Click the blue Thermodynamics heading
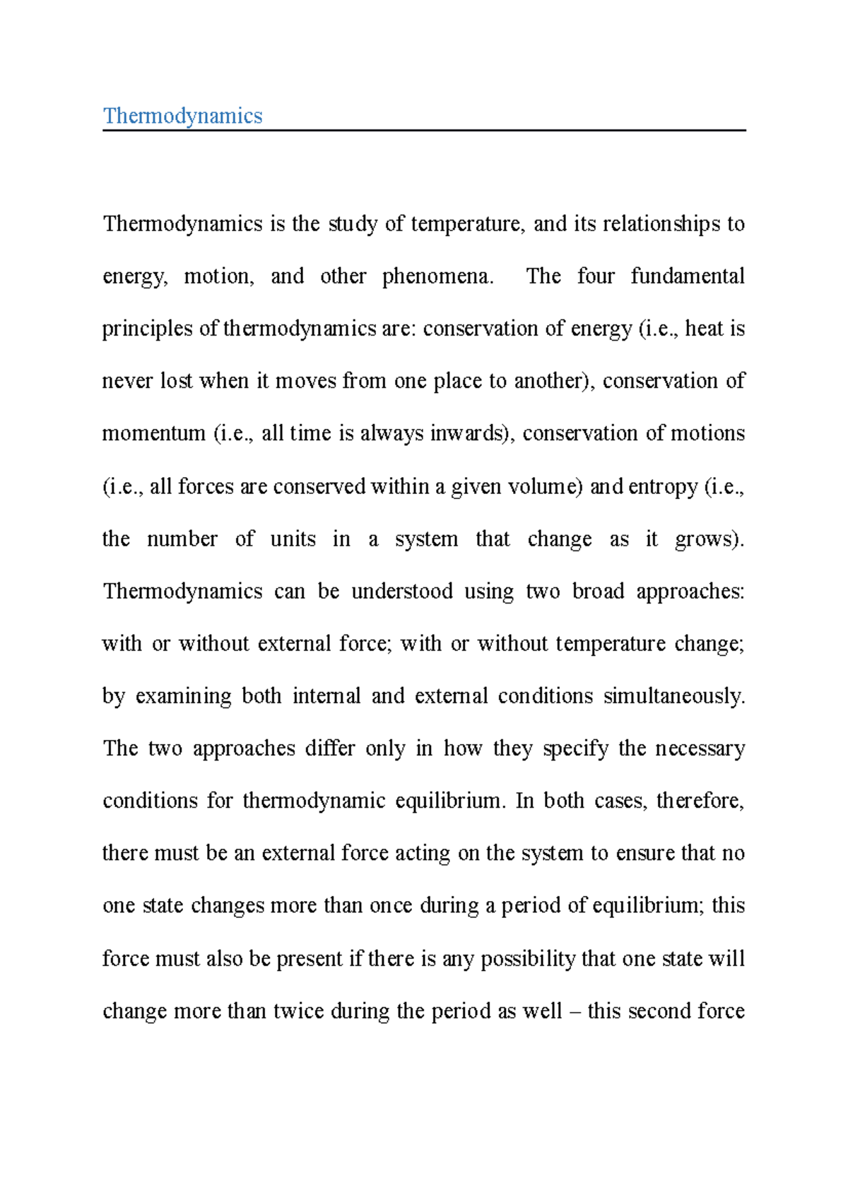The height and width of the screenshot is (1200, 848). (x=182, y=116)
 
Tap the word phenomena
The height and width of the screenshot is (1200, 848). (x=436, y=276)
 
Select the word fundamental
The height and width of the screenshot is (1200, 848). (x=687, y=276)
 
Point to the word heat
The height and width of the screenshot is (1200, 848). (x=704, y=329)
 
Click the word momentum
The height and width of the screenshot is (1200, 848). (x=153, y=433)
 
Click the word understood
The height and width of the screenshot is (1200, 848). (x=401, y=591)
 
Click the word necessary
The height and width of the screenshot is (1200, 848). (x=700, y=748)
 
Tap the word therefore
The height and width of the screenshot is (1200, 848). (x=700, y=801)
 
